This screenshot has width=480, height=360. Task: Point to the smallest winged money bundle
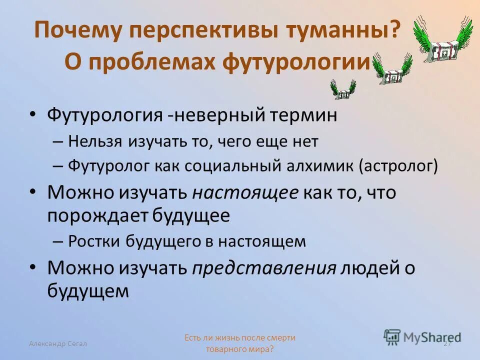(x=343, y=90)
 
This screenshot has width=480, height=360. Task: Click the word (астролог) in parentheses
(x=398, y=166)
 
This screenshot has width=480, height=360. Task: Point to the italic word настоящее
(x=245, y=192)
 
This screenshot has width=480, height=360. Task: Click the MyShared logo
(x=422, y=337)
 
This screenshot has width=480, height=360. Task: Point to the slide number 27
(x=447, y=343)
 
